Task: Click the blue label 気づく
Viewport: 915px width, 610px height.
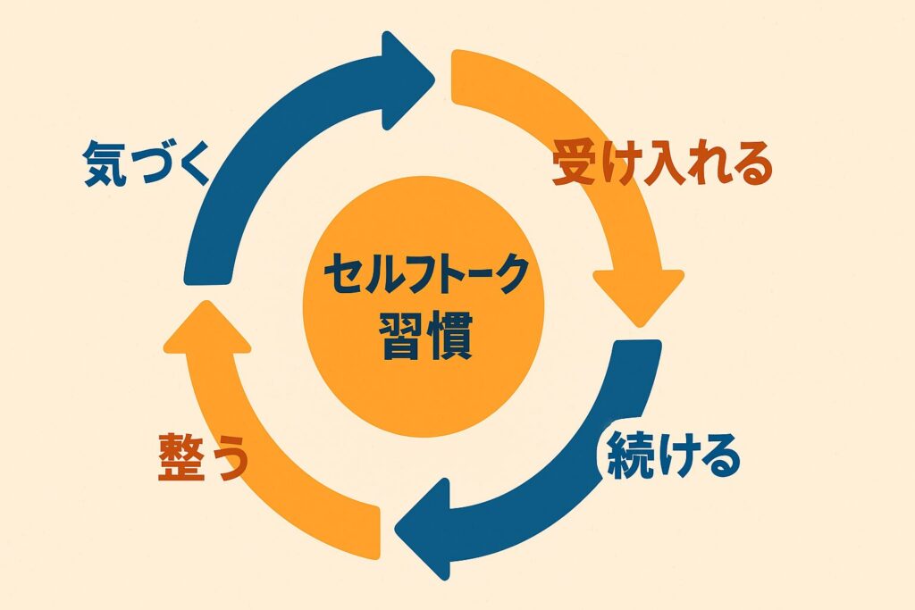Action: click(x=146, y=163)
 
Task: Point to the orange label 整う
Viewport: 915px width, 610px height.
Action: click(x=203, y=457)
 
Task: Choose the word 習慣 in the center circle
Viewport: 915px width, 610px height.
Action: click(x=424, y=333)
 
